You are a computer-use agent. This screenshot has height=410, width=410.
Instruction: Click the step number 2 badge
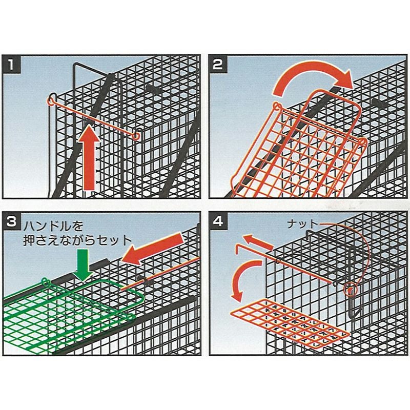point(218,64)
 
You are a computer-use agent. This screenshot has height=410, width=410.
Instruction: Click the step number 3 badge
point(11,221)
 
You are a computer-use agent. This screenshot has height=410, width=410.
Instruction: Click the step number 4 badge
point(218,221)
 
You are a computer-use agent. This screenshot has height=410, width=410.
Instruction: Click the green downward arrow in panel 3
point(83,265)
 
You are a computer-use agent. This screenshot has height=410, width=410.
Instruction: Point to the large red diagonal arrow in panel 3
point(153,249)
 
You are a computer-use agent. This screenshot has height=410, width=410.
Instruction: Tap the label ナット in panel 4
point(302,224)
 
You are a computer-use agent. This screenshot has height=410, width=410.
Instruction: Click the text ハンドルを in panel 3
point(53,226)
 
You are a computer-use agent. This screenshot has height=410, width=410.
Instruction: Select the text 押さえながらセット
point(77,240)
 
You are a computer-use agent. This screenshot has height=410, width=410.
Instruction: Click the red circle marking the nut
point(351,290)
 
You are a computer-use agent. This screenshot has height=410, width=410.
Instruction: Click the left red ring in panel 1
point(51,99)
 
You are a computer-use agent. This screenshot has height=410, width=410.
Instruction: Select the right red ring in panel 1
point(136,136)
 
